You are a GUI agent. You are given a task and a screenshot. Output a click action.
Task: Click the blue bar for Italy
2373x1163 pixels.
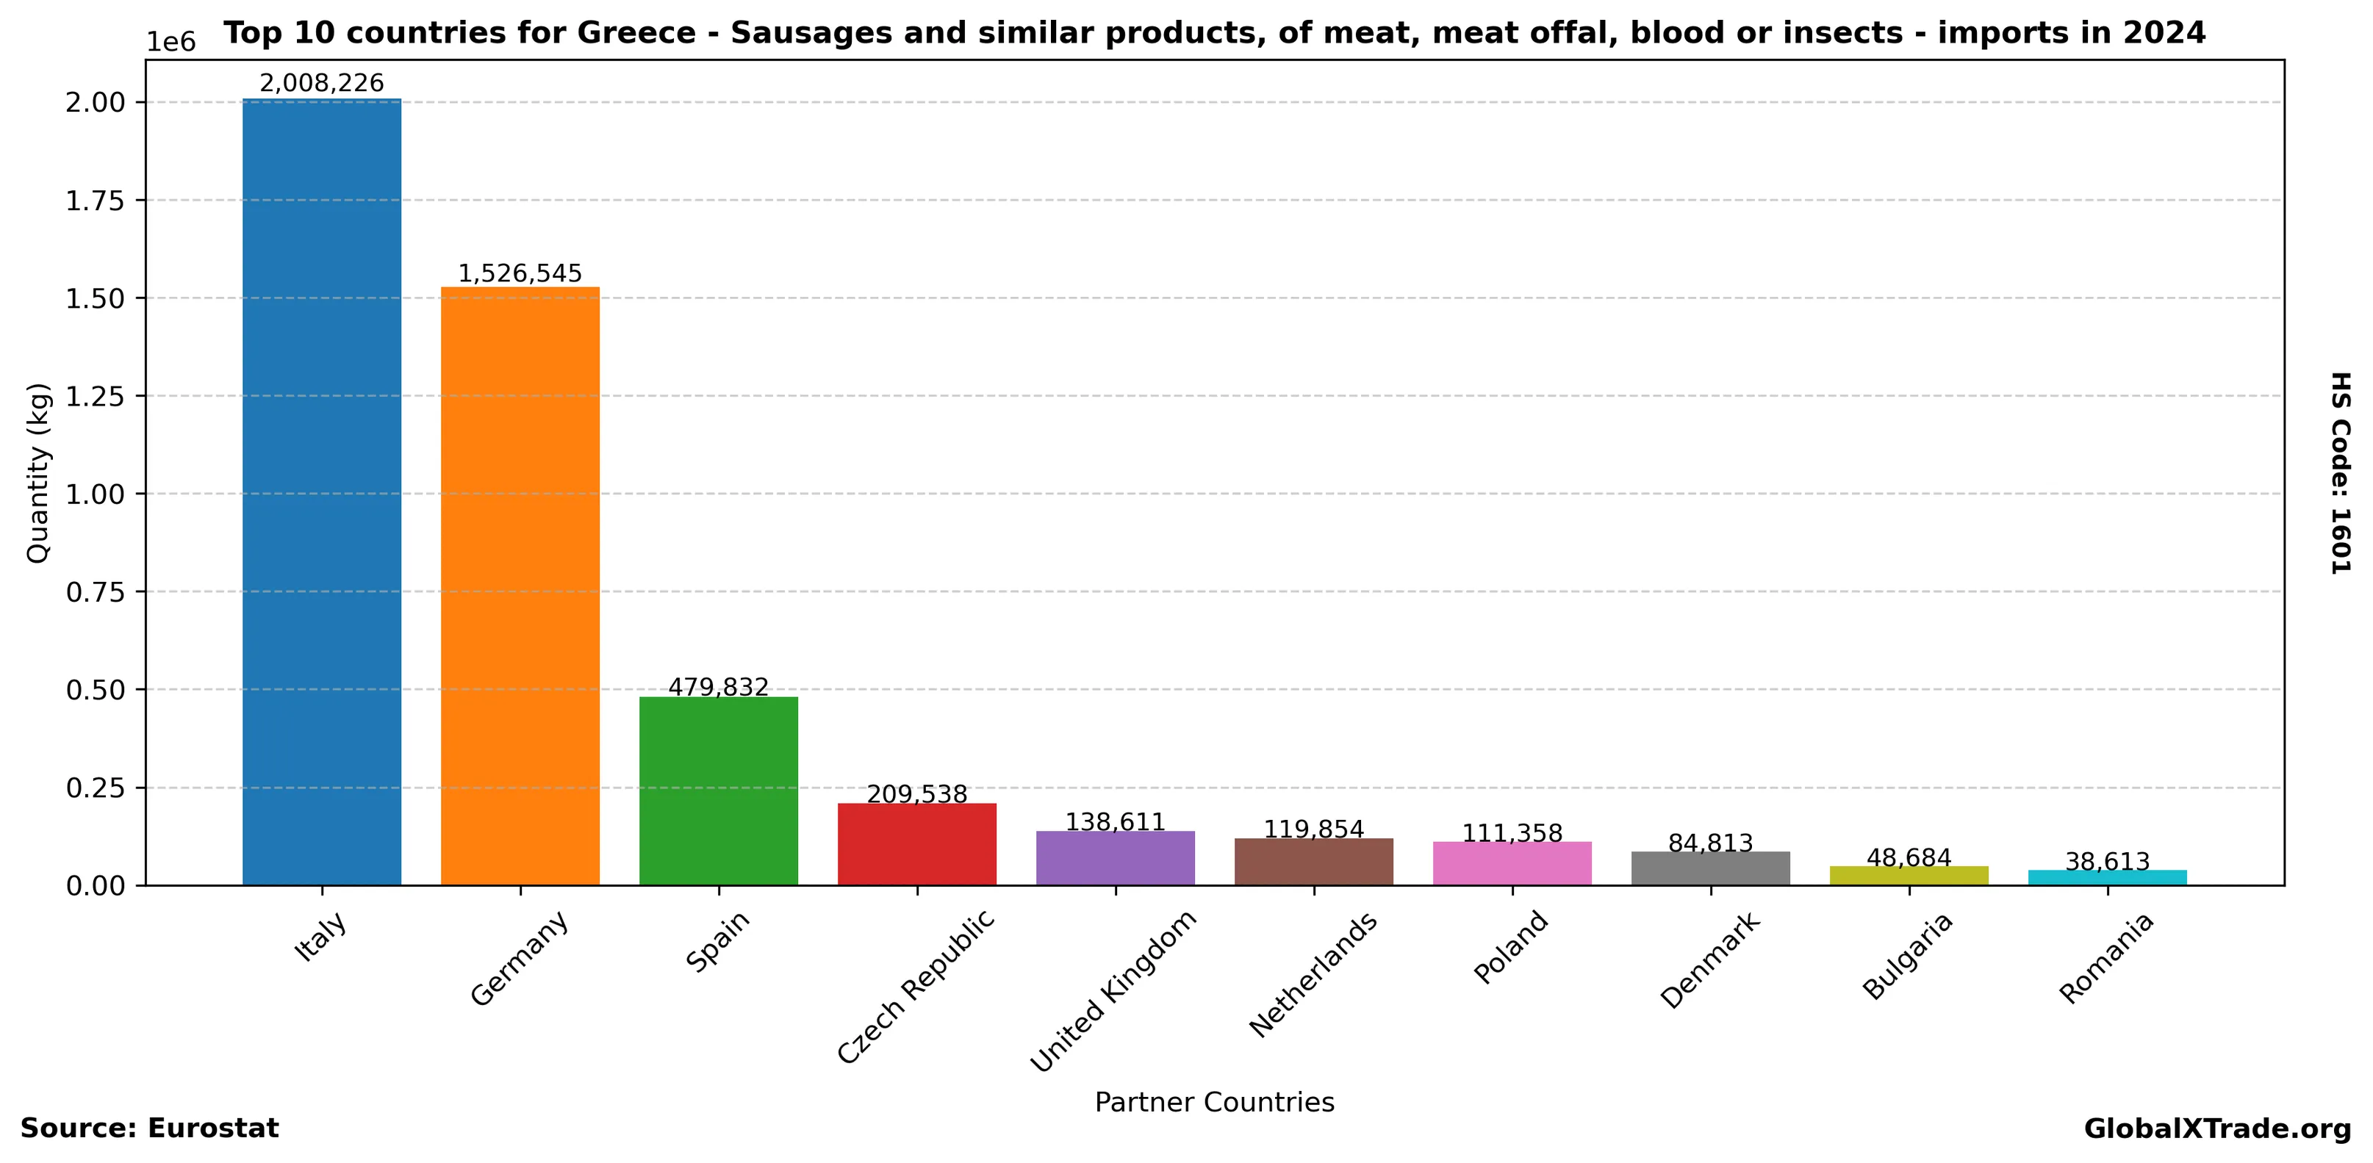(x=321, y=493)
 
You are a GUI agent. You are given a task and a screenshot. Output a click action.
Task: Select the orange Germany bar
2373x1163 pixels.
(x=520, y=586)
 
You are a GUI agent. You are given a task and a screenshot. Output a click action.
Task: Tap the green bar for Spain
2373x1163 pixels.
(x=719, y=791)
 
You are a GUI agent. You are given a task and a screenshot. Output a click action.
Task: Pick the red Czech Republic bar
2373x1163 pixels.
(x=916, y=844)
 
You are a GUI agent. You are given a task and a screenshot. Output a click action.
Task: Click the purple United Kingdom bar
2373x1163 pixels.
(x=1115, y=858)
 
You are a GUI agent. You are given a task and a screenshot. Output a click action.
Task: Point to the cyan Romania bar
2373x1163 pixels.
(x=2107, y=877)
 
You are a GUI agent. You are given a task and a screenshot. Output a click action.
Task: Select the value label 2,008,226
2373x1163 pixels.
(x=321, y=84)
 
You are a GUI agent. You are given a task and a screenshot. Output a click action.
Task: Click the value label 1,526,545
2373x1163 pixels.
(x=520, y=273)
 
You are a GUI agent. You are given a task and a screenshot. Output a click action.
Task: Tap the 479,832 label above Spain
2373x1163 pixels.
(x=719, y=688)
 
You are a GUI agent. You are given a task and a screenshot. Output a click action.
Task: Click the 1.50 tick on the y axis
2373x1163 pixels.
(x=95, y=298)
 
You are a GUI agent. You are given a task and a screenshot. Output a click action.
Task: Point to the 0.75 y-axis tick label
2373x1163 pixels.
(x=95, y=592)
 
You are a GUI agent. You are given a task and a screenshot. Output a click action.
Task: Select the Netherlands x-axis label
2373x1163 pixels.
(x=1313, y=973)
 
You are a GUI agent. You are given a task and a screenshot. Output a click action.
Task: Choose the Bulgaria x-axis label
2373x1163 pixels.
(x=1907, y=955)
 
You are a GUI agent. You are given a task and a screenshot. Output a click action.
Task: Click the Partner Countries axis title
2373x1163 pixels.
(x=1214, y=1102)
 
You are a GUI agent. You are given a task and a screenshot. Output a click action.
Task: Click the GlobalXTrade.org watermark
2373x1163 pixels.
(x=2217, y=1129)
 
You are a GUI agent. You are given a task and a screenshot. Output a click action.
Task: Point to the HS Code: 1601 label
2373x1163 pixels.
(x=2340, y=472)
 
